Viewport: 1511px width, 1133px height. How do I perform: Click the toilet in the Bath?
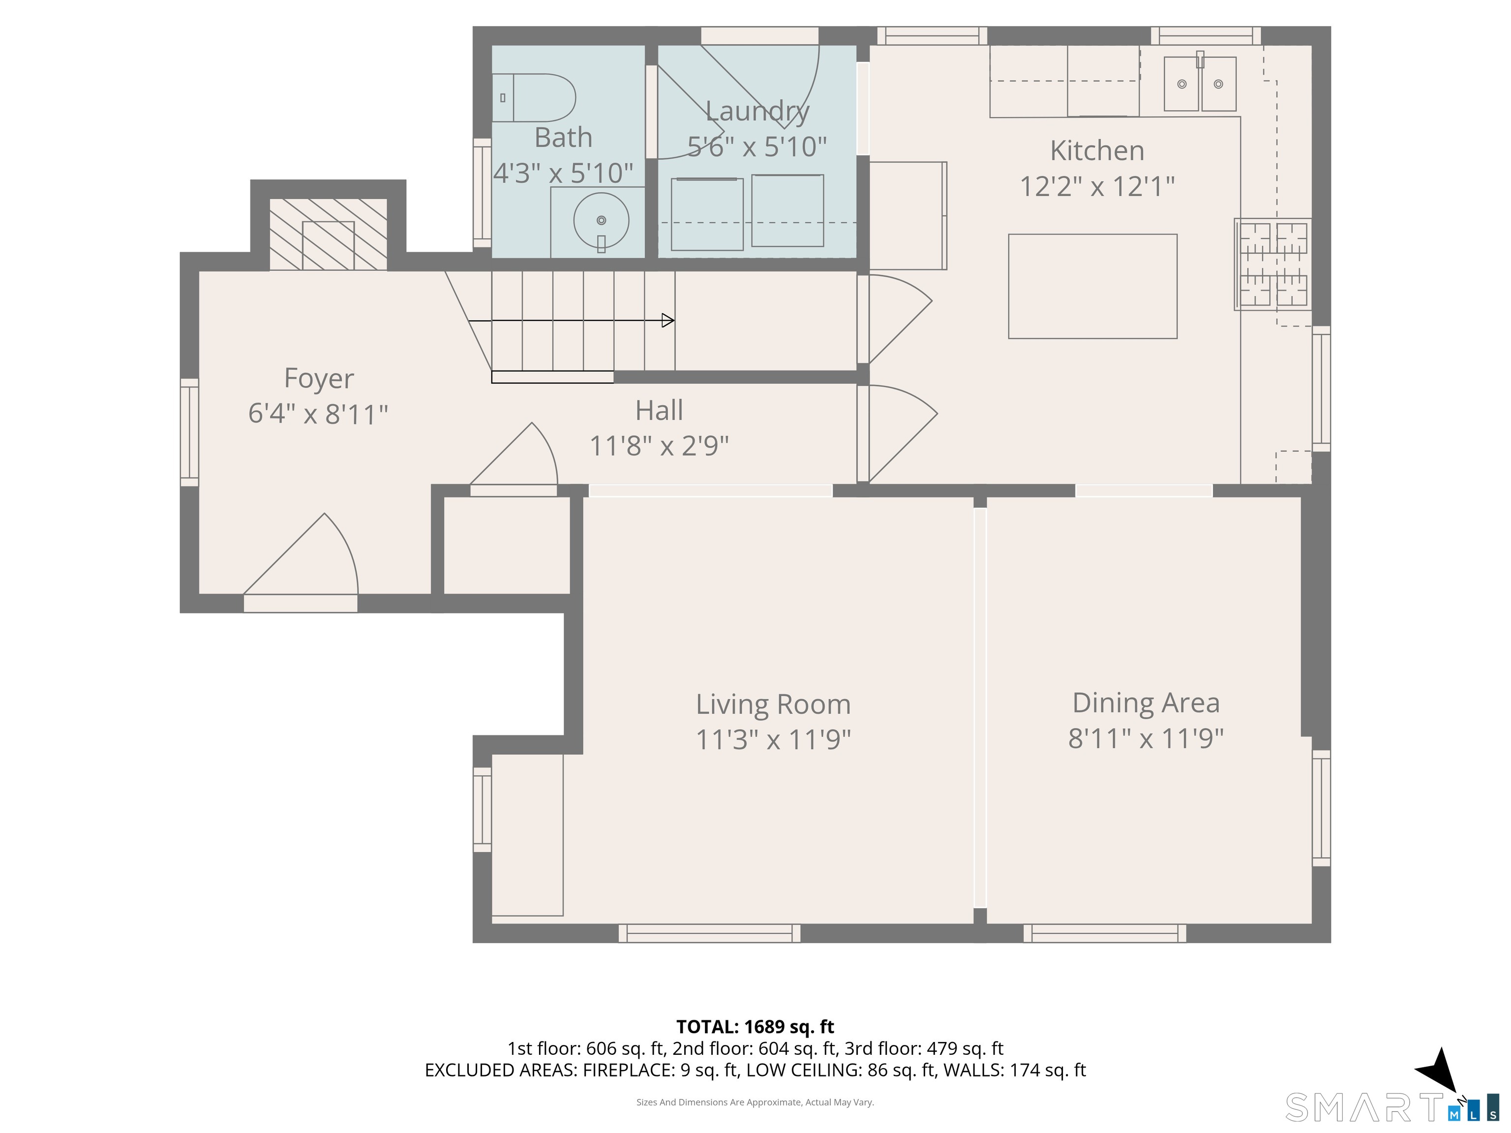(534, 98)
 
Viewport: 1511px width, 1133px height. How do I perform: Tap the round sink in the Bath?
(601, 221)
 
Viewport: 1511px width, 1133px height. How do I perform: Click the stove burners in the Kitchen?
(1273, 264)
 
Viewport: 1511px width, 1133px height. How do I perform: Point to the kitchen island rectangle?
(1092, 286)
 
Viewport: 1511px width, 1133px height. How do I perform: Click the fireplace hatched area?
(329, 234)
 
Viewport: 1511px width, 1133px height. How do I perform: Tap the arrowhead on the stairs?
(668, 320)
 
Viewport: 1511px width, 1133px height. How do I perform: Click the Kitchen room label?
(1097, 150)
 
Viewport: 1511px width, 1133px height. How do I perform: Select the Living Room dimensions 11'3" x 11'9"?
(773, 740)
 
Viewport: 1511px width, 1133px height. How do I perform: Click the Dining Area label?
(1146, 702)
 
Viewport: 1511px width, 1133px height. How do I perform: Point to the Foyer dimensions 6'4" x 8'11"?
(318, 414)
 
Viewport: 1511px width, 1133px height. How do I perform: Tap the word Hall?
(659, 411)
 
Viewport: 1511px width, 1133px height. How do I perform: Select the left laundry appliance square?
(707, 214)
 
